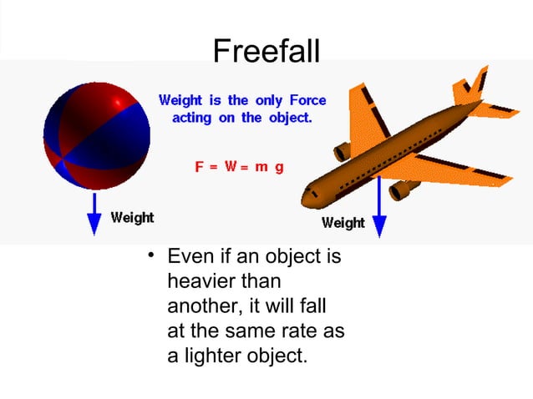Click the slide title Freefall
tap(266, 51)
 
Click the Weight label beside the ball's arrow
tap(132, 218)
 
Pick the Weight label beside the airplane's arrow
tap(343, 223)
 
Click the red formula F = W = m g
tap(239, 166)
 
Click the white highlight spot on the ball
tap(122, 101)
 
